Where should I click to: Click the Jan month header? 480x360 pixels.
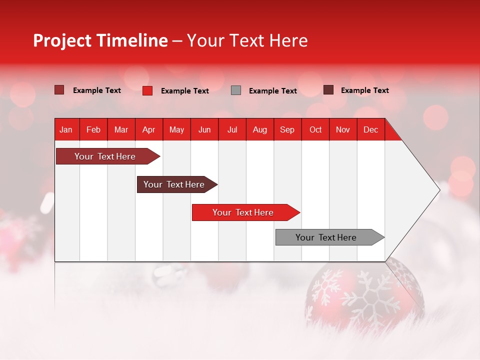tap(66, 130)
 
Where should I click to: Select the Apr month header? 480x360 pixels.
tap(148, 130)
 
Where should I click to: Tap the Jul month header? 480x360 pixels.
tap(232, 130)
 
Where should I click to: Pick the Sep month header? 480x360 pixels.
tap(287, 130)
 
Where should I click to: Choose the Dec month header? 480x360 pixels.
tap(370, 130)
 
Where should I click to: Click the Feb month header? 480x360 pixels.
tap(93, 130)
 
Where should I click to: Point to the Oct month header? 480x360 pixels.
tap(315, 130)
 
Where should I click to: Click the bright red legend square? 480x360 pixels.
tap(147, 90)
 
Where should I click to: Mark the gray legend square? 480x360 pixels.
tap(236, 90)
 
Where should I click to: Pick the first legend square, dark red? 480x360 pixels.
tap(59, 90)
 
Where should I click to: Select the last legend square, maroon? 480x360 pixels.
tap(328, 90)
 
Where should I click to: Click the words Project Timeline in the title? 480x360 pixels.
tap(100, 40)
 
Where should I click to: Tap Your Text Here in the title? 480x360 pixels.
tap(247, 40)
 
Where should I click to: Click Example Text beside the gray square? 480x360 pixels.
tap(272, 91)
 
